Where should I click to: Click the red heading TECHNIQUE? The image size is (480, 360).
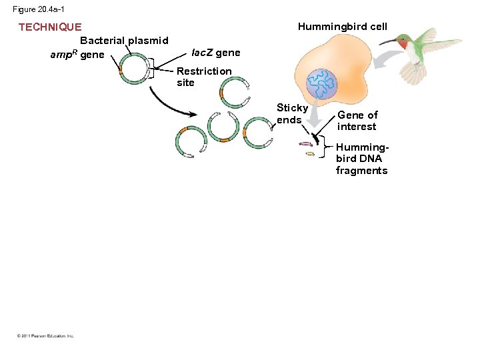pyautogui.click(x=50, y=27)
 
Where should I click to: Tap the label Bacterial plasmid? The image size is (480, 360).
pyautogui.click(x=124, y=41)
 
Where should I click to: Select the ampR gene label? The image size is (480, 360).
pyautogui.click(x=77, y=55)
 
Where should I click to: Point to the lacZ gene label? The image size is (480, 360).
pyautogui.click(x=215, y=53)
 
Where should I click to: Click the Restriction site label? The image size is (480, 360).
pyautogui.click(x=204, y=77)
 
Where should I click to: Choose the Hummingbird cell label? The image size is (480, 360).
pyautogui.click(x=342, y=27)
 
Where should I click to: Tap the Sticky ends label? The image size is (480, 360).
pyautogui.click(x=292, y=113)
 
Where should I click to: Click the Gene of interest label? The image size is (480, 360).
pyautogui.click(x=357, y=121)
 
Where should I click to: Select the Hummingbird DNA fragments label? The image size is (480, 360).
pyautogui.click(x=361, y=159)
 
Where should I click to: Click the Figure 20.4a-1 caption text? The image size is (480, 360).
pyautogui.click(x=39, y=9)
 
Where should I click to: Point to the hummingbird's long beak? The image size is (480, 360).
pyautogui.click(x=387, y=41)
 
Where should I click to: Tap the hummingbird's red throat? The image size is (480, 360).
pyautogui.click(x=404, y=45)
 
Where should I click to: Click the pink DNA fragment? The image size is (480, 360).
pyautogui.click(x=306, y=144)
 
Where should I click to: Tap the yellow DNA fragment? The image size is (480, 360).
pyautogui.click(x=310, y=154)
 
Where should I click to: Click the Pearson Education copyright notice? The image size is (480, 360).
pyautogui.click(x=46, y=336)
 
